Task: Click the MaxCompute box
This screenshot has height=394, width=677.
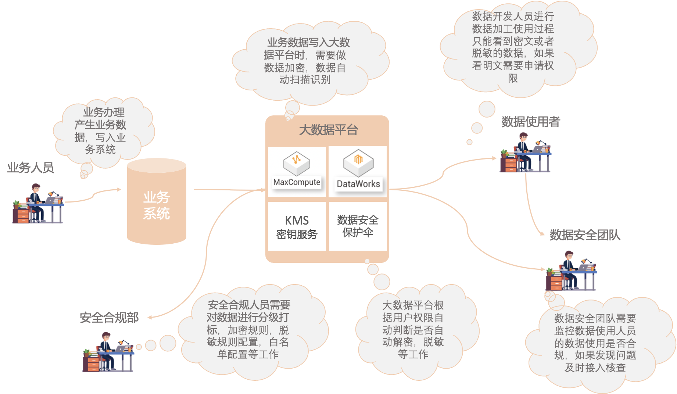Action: (297, 172)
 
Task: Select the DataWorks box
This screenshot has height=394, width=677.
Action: (358, 172)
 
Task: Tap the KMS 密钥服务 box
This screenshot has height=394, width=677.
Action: (297, 226)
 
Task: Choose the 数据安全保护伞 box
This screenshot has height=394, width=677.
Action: (358, 226)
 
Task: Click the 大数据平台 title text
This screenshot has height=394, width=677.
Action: (328, 130)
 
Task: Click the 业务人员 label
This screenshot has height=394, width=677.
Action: (31, 168)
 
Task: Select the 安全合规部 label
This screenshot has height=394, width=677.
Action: (109, 317)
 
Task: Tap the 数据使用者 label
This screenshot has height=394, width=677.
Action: (530, 122)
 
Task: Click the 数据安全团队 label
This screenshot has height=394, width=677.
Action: (585, 235)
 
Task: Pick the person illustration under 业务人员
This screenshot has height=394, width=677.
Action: (38, 202)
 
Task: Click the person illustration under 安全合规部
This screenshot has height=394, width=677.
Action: (108, 350)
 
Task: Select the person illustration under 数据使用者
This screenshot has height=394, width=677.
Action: (526, 151)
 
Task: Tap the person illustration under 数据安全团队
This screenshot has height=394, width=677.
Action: (571, 269)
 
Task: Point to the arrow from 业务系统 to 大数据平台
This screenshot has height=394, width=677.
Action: (228, 190)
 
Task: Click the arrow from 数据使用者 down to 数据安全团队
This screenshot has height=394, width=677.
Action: (529, 209)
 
